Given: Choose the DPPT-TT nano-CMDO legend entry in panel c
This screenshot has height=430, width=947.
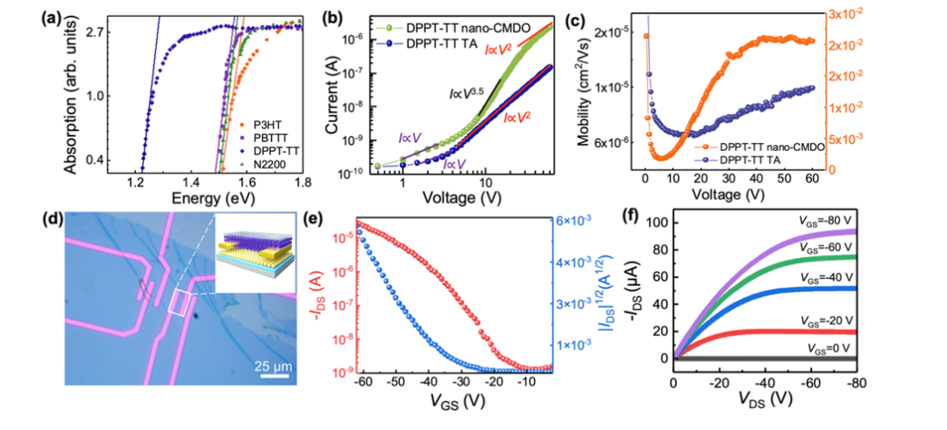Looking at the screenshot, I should click(x=776, y=147).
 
